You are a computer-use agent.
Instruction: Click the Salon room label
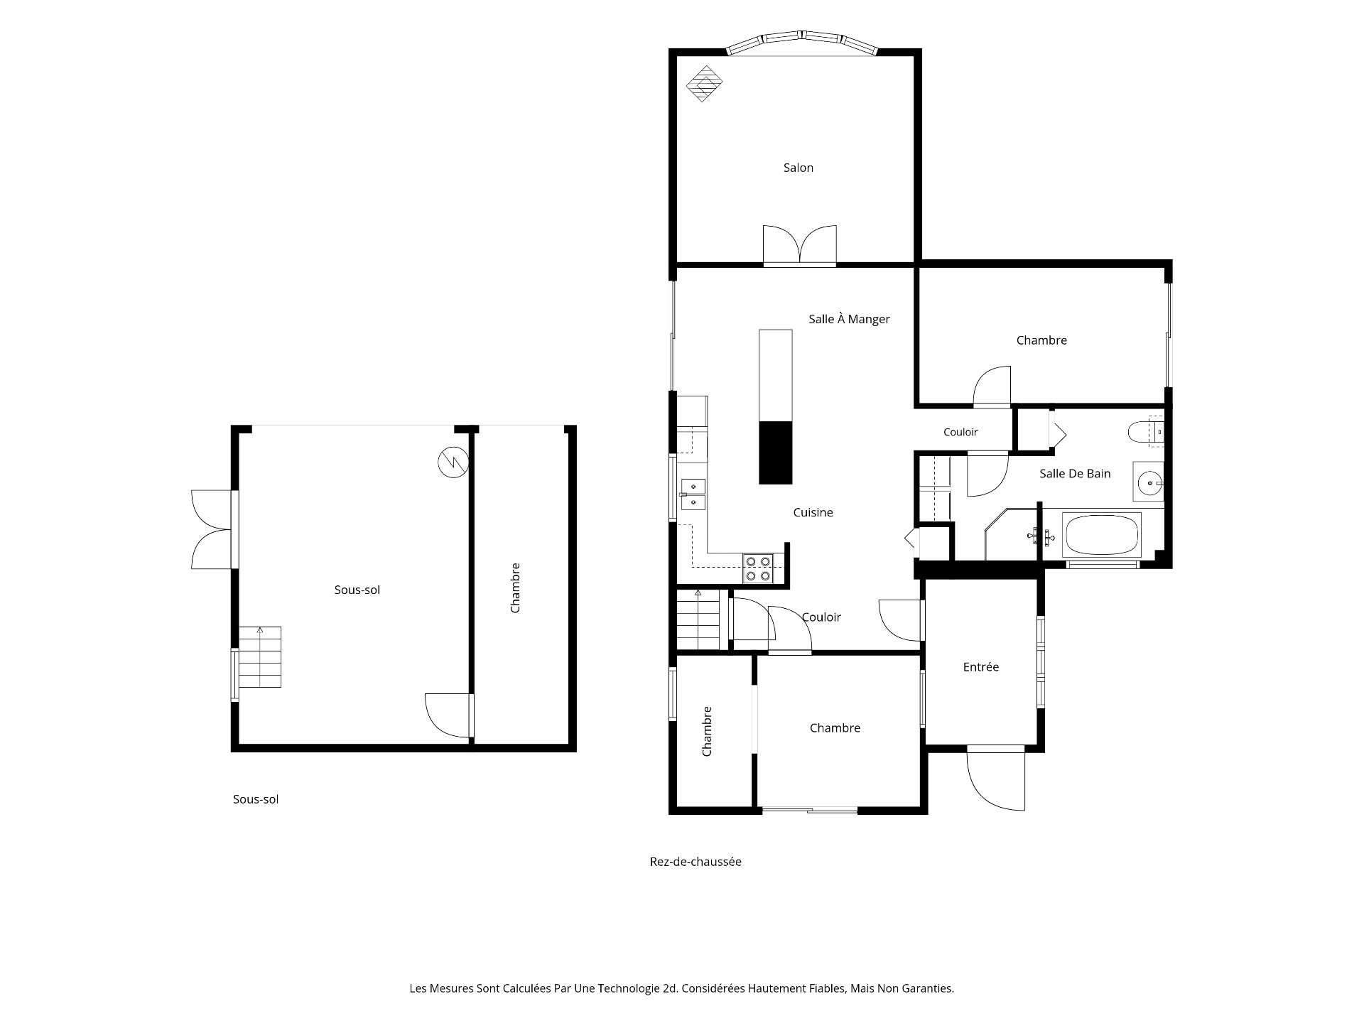tap(798, 168)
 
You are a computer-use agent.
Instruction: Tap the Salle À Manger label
tap(849, 319)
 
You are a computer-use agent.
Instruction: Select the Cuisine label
tap(813, 512)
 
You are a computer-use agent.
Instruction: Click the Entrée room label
tap(980, 667)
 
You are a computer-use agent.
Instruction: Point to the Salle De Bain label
tap(1074, 473)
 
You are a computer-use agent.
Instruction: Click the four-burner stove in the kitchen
tap(758, 568)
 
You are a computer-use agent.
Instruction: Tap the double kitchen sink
tap(693, 494)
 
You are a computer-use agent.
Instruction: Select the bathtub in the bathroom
tap(1101, 534)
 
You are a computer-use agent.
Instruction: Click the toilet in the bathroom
tap(1145, 431)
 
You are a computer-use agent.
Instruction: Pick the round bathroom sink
tap(1148, 482)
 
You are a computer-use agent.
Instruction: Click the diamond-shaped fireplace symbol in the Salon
tap(704, 84)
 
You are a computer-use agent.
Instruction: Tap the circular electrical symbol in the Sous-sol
tap(453, 463)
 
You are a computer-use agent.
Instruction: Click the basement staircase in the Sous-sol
tap(259, 657)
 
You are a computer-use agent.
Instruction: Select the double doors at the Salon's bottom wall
tap(800, 245)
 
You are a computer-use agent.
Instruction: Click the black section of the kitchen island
tap(776, 453)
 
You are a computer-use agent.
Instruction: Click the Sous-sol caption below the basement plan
tap(256, 799)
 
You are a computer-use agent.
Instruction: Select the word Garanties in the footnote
tap(926, 988)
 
